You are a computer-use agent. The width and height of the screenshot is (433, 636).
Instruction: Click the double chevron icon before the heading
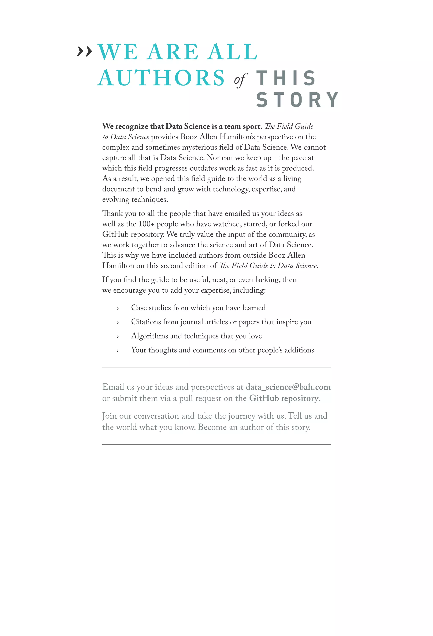click(x=85, y=51)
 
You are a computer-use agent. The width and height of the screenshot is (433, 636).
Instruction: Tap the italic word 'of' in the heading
click(x=240, y=80)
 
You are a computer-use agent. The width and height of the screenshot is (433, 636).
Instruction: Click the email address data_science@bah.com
click(x=288, y=387)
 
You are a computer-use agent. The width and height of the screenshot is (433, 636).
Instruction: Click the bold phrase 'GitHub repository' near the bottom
click(x=284, y=398)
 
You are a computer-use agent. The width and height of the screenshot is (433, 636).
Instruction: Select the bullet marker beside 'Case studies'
click(x=118, y=309)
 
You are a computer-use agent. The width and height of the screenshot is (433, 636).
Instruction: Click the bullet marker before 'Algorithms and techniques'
click(x=118, y=337)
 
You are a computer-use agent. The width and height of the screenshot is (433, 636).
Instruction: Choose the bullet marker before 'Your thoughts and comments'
click(x=118, y=351)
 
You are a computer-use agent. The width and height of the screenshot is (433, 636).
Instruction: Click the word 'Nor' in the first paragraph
click(x=213, y=158)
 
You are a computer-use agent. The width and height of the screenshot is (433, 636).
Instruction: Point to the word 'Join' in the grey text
click(x=110, y=416)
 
